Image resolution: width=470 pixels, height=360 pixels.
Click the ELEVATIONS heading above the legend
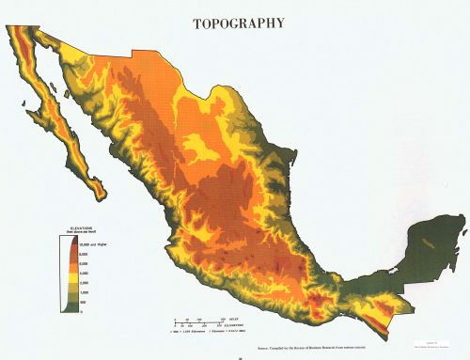[73, 227]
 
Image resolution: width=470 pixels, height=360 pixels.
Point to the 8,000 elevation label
[84, 255]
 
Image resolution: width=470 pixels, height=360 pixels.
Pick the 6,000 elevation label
[84, 264]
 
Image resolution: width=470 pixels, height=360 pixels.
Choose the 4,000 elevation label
[84, 274]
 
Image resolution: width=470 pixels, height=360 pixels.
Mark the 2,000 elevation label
[84, 283]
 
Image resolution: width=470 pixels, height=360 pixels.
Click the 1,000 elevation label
[84, 292]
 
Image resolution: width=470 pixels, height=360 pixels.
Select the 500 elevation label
[82, 302]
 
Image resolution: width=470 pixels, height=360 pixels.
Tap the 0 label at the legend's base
[80, 311]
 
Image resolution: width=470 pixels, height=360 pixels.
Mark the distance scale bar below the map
[202, 324]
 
